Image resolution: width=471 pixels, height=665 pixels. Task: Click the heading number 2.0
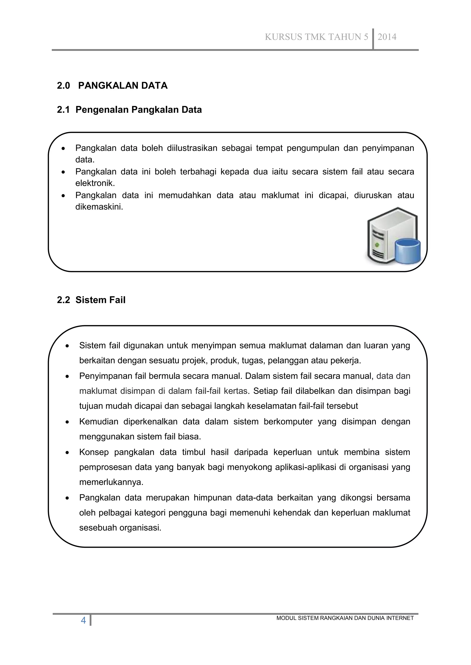63,86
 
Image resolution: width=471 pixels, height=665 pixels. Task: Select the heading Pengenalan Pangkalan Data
138,110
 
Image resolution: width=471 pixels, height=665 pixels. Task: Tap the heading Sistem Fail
100,300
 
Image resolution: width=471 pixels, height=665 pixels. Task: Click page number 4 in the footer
83,620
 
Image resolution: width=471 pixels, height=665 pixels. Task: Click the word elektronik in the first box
95,183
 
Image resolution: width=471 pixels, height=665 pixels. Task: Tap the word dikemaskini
99,207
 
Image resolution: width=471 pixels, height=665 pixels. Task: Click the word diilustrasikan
192,148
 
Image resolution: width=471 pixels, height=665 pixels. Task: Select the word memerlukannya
111,482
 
